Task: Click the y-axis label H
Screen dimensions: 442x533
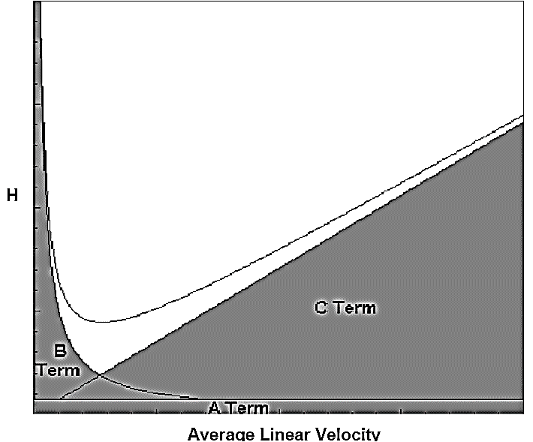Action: tap(11, 197)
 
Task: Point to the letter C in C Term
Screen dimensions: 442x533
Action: tap(320, 307)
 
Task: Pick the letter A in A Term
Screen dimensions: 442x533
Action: tap(214, 409)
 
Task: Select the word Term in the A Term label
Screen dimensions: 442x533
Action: tap(247, 409)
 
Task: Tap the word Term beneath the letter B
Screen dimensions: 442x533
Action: tap(58, 370)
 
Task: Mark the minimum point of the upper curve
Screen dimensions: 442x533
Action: tap(98, 322)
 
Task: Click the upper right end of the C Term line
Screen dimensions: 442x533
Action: tap(522, 122)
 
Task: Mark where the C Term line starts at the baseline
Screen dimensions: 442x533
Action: tap(59, 398)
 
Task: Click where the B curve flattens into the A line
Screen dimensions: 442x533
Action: tap(199, 398)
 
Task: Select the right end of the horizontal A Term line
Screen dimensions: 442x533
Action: tap(522, 399)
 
